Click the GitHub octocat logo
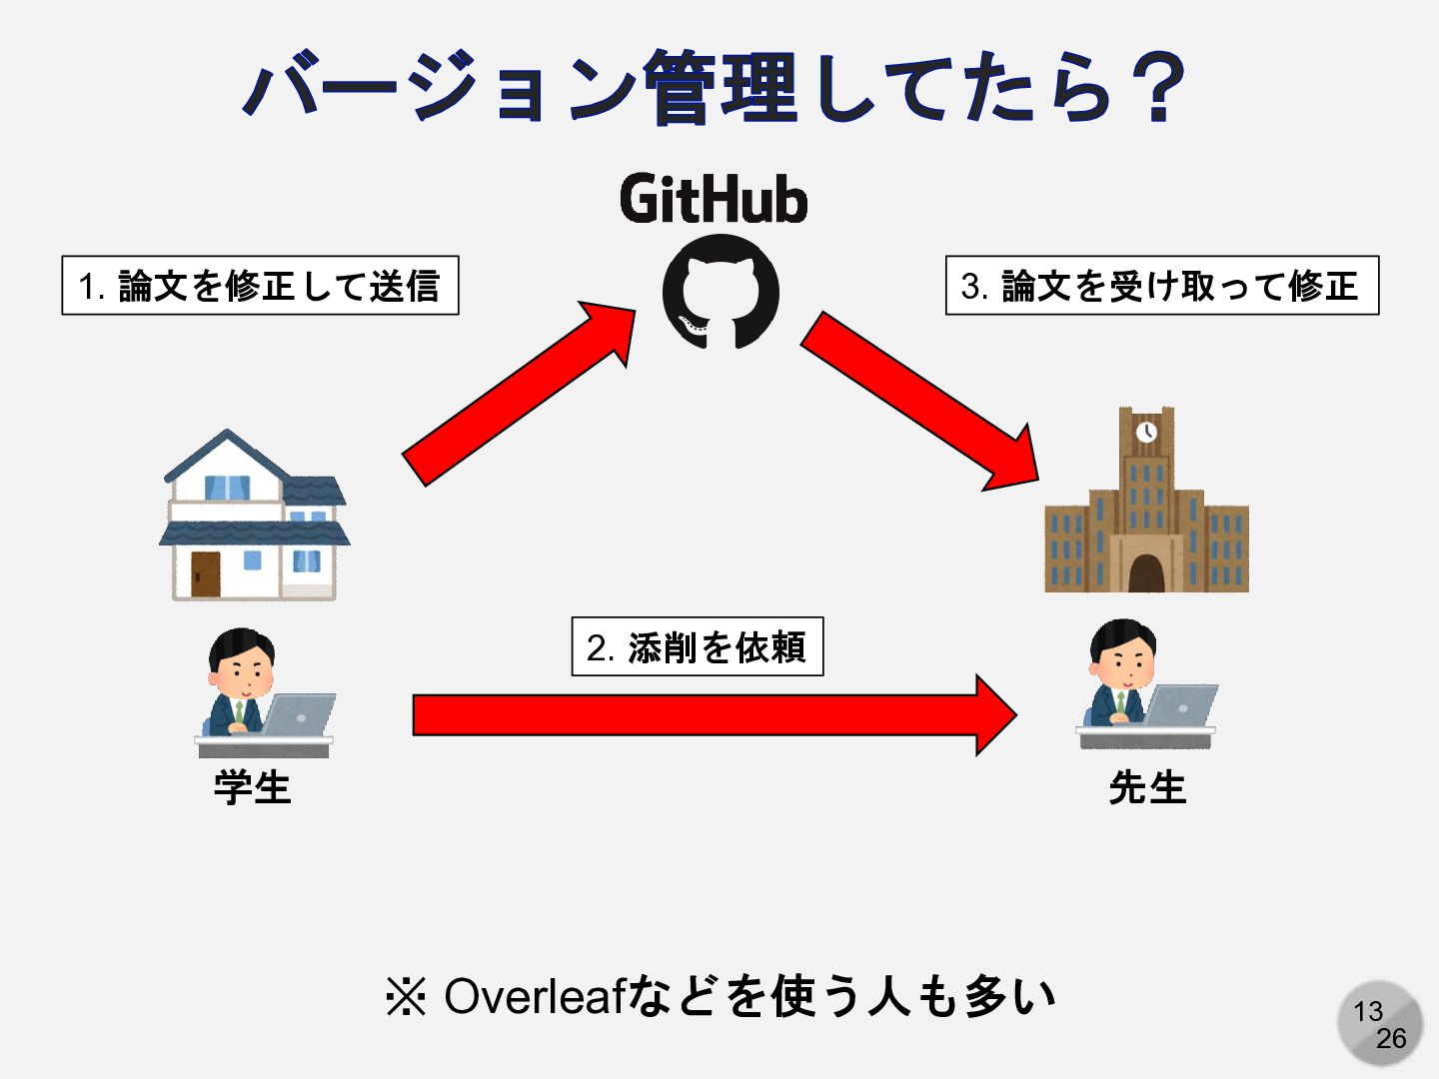(x=719, y=292)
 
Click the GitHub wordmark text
(x=714, y=199)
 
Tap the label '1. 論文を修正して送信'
(x=260, y=286)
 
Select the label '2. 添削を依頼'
(x=697, y=647)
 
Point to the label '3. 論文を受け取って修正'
(x=1161, y=286)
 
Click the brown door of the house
(x=206, y=573)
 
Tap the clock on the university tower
(x=1146, y=432)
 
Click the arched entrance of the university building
(x=1146, y=573)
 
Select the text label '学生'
(x=252, y=788)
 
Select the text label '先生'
(x=1147, y=788)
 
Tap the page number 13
(x=1368, y=1012)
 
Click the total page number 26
(x=1391, y=1039)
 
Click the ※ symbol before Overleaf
(x=406, y=997)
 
